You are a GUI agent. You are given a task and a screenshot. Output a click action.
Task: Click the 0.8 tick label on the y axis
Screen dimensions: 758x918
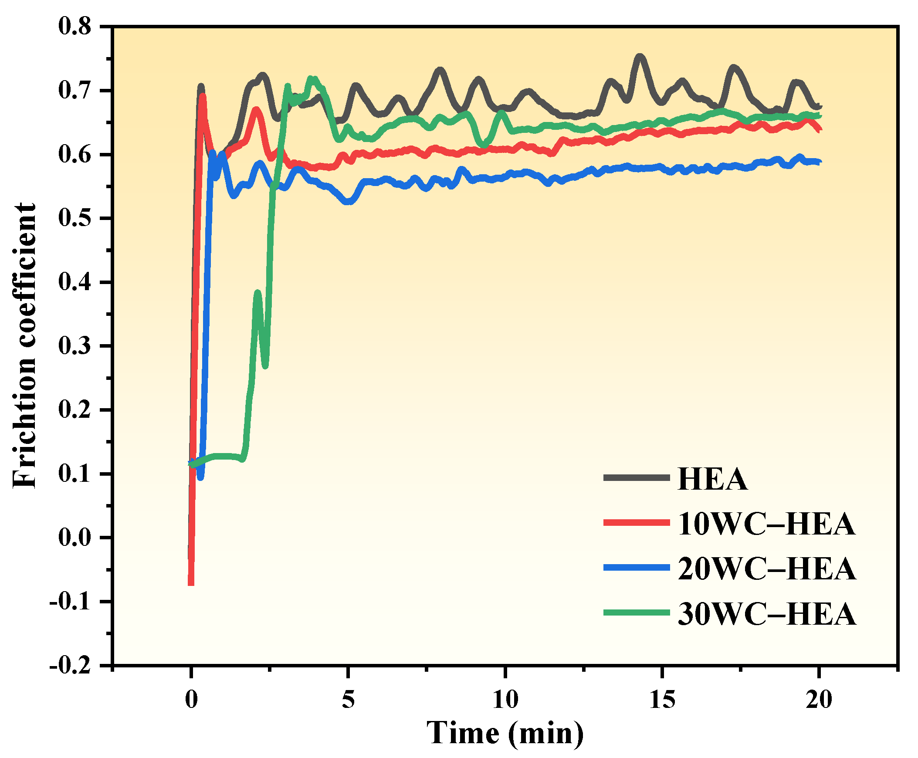pos(75,27)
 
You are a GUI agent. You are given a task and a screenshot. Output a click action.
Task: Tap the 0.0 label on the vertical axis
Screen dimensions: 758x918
pos(75,538)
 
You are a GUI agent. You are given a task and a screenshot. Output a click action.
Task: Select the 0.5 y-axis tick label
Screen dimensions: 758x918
pos(75,218)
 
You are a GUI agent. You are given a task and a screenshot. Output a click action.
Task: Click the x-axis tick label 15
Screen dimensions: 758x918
pos(662,700)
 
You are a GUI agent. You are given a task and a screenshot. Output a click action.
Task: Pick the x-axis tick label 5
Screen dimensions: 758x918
pos(348,700)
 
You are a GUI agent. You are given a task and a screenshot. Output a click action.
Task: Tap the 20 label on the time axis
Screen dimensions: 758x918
pos(819,700)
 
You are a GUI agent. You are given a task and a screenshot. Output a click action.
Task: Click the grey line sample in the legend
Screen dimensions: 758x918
pos(636,478)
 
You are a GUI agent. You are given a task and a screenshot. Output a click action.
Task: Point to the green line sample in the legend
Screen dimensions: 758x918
pos(636,612)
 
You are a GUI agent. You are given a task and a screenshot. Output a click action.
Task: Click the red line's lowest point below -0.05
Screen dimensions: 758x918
pos(191,583)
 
